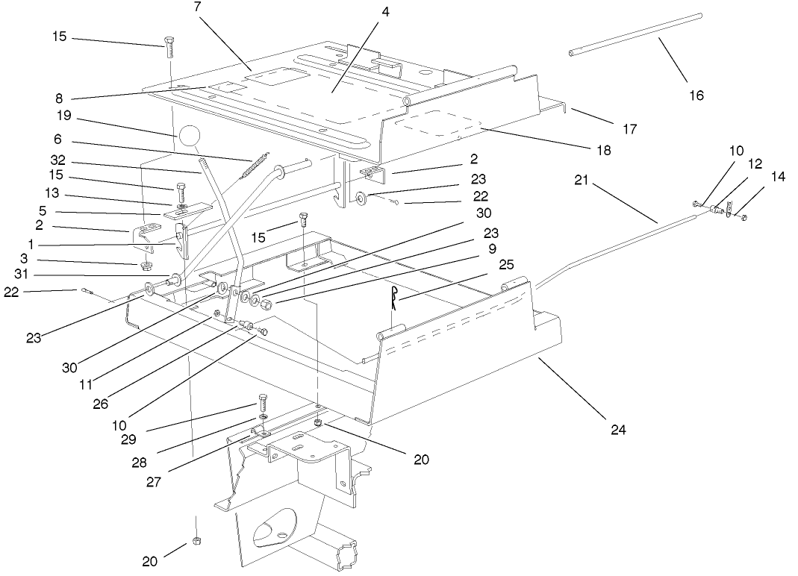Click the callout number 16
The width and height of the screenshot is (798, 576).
click(x=696, y=95)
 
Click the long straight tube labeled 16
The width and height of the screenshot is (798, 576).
click(x=635, y=34)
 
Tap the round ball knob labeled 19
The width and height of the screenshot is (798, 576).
click(x=190, y=135)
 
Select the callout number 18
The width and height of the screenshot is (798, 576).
click(x=603, y=150)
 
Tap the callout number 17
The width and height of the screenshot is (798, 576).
click(x=629, y=128)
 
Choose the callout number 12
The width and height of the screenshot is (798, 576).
click(x=754, y=162)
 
